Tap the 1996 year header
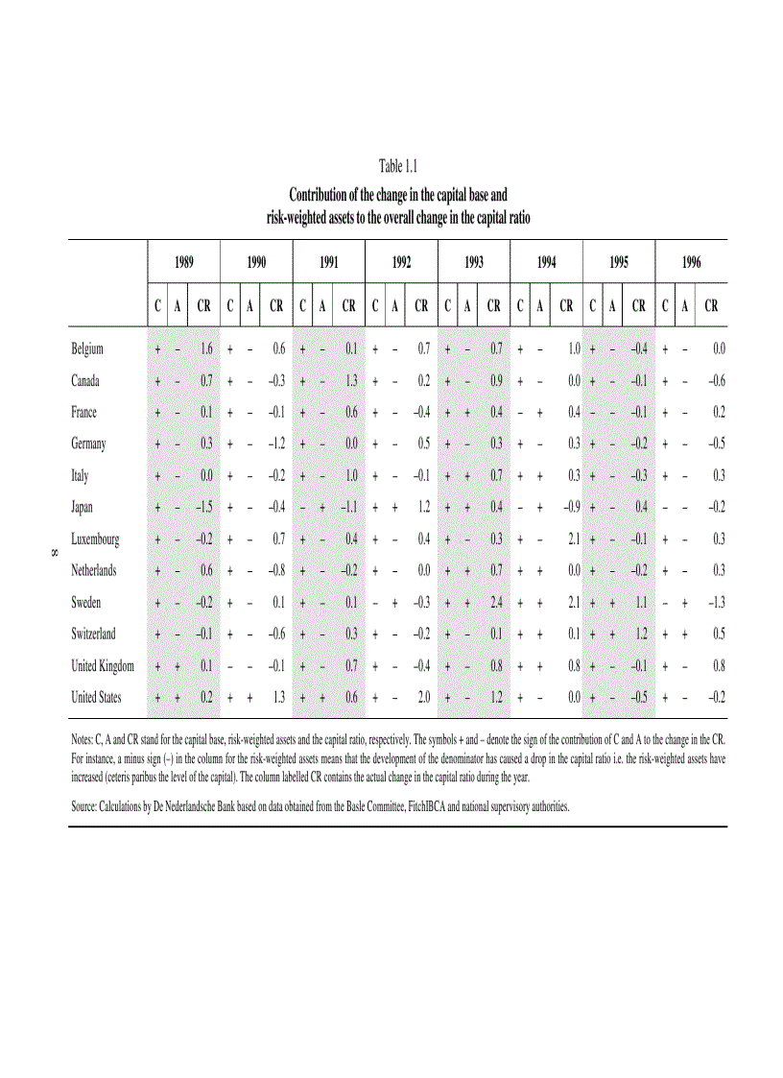click(x=691, y=261)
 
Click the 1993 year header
click(x=473, y=261)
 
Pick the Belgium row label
click(x=86, y=349)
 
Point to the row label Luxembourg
click(x=95, y=539)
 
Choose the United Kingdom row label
click(x=103, y=666)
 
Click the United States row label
click(x=96, y=698)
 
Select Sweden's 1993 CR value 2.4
click(x=495, y=603)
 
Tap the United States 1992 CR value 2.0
click(x=423, y=698)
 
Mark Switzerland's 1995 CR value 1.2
click(x=641, y=635)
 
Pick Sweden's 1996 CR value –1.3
click(x=714, y=603)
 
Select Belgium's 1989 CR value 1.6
click(x=205, y=349)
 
